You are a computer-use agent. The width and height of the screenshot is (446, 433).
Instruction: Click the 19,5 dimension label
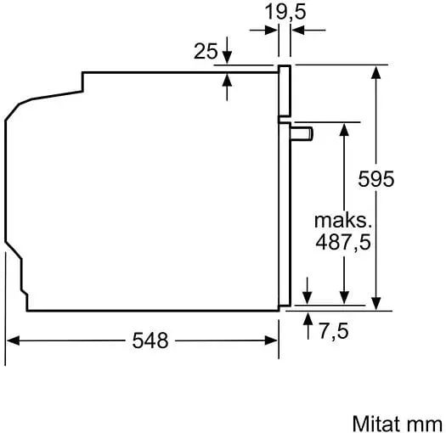pos(285,13)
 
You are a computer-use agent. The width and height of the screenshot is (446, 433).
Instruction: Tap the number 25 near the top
pos(206,51)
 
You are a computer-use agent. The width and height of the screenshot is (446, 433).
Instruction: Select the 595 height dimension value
pos(376,179)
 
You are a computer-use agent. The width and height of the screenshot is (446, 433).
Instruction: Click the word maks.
pos(343,221)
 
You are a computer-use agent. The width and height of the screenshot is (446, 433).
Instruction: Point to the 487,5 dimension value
pos(343,243)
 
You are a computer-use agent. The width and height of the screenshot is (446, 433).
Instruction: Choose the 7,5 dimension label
pos(334,331)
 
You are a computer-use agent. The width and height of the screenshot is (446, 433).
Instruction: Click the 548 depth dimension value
pos(150,340)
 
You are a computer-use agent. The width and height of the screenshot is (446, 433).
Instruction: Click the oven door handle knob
pos(302,134)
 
